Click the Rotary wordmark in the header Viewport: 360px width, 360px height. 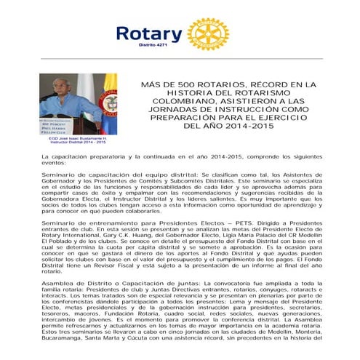click(149, 33)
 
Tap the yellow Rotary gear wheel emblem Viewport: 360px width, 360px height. click(207, 33)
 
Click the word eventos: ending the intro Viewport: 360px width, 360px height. click(57, 163)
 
